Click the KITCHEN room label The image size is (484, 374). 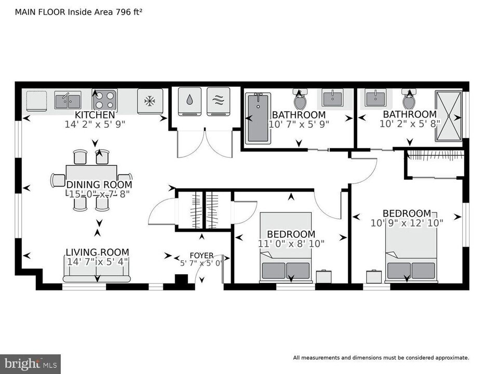coord(95,115)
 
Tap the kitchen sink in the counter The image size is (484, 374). coord(68,99)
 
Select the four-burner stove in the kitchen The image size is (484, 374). coord(104,99)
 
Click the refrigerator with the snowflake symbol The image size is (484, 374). coord(150,101)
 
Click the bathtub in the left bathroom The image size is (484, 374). coord(258,118)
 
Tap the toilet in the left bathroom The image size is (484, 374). coord(300,98)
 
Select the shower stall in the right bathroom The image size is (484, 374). coord(448,115)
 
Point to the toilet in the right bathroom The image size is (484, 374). coord(409,98)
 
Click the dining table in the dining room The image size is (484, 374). coord(91,179)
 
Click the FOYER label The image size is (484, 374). coord(201,256)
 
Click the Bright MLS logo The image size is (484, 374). coord(30,363)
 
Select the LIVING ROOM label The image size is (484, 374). coord(97,252)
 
